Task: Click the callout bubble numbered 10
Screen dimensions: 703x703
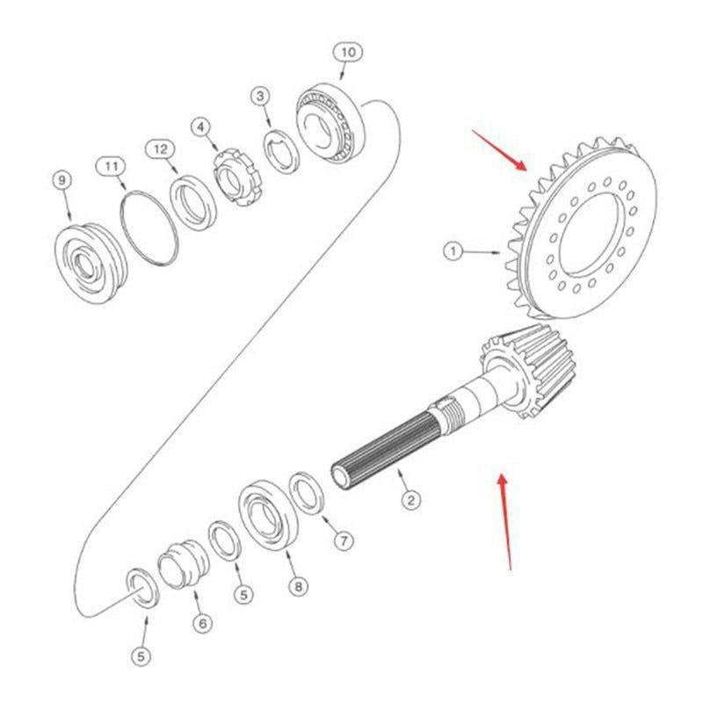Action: [348, 53]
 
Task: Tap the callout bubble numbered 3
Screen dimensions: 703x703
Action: [260, 96]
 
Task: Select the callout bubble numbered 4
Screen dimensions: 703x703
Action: [200, 127]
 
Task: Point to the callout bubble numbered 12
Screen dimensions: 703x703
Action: [161, 149]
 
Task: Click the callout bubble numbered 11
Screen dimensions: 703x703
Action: [112, 167]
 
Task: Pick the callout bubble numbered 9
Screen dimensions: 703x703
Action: [62, 180]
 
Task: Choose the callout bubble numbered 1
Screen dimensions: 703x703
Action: [453, 250]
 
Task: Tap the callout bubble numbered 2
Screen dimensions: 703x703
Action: [410, 499]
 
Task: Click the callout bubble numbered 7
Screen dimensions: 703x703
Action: [344, 541]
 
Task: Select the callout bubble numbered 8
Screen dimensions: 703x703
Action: [299, 586]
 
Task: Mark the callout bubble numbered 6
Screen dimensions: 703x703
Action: [203, 623]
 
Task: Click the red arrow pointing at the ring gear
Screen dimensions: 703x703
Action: [499, 150]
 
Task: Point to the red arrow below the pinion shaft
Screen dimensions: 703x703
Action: [505, 522]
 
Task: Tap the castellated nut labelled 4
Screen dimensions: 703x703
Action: [236, 178]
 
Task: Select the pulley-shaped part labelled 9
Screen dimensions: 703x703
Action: [91, 263]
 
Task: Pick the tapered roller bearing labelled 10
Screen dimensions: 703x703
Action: [330, 123]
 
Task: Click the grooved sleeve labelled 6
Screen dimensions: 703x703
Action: [184, 564]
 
